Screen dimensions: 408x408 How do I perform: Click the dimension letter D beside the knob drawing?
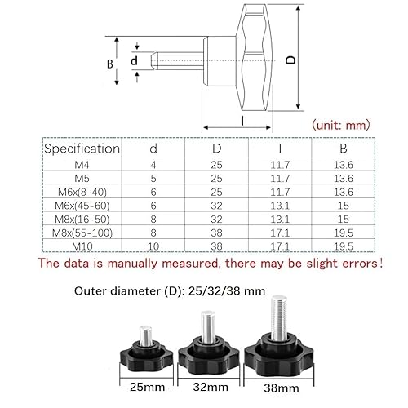[290, 60]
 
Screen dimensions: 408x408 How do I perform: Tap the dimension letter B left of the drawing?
[110, 64]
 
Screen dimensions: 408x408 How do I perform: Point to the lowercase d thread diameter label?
[134, 60]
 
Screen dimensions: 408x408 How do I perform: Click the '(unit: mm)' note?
[341, 125]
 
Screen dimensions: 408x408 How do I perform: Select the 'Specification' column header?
[82, 149]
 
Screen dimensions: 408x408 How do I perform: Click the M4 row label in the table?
[82, 165]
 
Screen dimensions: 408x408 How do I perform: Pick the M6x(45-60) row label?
[82, 206]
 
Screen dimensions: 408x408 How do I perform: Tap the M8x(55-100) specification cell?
[82, 233]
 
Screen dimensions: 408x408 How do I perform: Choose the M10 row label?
[82, 246]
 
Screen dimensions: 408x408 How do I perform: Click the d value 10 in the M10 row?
[153, 246]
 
